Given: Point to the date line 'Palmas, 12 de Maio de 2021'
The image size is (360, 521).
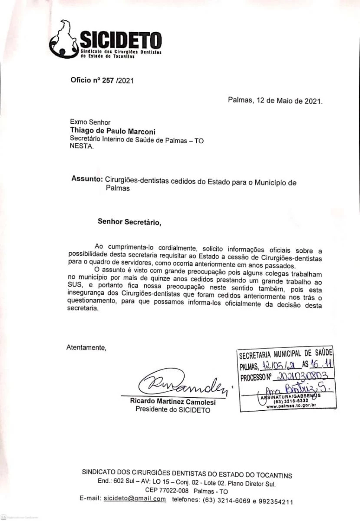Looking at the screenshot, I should click(x=275, y=101).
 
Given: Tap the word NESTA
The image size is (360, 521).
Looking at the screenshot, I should click(x=81, y=147).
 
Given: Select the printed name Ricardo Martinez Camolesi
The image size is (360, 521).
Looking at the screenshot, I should click(x=172, y=402).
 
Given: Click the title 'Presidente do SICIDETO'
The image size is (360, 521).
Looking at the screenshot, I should click(x=173, y=409).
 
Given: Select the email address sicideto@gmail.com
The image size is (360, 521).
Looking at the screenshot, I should click(x=135, y=498).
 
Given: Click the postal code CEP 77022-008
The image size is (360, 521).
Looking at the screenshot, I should click(x=165, y=491).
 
